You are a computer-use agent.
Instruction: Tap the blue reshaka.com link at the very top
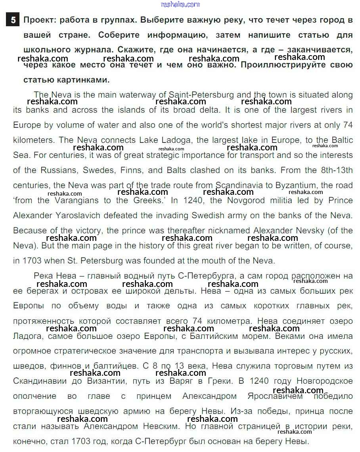click(180, 4)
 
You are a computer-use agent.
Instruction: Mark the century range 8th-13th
click(337, 170)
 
